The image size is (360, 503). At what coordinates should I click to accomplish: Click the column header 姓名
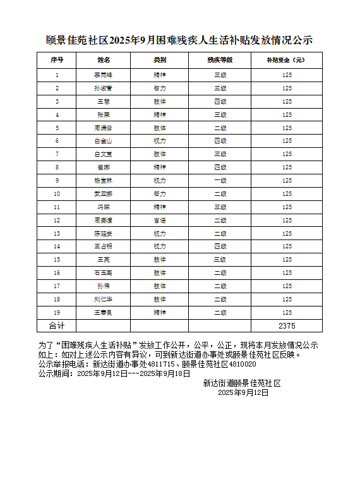[x=103, y=60]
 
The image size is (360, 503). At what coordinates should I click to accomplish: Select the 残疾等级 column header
[x=220, y=60]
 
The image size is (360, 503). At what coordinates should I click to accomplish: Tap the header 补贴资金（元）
[x=287, y=60]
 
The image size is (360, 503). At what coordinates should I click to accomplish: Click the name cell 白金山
[x=103, y=141]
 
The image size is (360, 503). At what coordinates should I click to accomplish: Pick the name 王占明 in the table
[x=103, y=246]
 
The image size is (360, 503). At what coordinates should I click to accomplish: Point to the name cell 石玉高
[x=103, y=273]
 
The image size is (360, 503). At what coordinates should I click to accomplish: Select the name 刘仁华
[x=103, y=300]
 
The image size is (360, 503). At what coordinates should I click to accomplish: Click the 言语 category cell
[x=160, y=221]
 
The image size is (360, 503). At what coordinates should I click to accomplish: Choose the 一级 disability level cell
[x=220, y=181]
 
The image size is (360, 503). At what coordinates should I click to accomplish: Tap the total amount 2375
[x=287, y=326]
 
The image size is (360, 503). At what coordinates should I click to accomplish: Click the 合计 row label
[x=57, y=326]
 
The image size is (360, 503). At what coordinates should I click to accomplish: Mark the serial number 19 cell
[x=57, y=313]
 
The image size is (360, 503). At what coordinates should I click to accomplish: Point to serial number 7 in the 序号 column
[x=57, y=154]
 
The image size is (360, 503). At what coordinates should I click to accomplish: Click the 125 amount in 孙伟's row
[x=287, y=286]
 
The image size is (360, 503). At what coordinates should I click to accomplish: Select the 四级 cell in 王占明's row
[x=220, y=246]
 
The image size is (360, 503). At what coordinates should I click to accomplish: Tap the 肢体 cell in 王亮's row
[x=160, y=260]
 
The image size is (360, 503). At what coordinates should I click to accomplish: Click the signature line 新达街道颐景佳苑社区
[x=241, y=383]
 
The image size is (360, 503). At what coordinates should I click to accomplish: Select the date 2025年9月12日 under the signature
[x=243, y=392]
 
